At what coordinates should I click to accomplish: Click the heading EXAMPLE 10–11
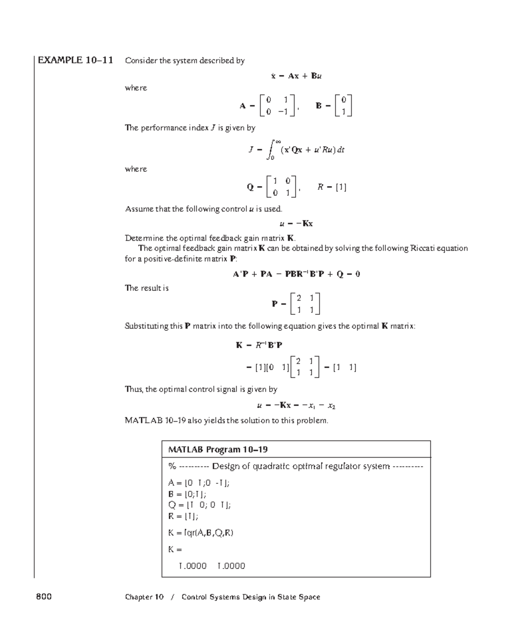75,60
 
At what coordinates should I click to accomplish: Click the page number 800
44,597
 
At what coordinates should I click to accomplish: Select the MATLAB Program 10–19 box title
218,450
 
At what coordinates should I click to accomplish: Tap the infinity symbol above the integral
278,141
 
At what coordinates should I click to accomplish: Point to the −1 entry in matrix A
283,112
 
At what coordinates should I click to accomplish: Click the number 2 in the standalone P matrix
299,298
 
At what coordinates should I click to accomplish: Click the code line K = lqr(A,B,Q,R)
201,533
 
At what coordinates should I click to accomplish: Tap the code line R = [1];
183,516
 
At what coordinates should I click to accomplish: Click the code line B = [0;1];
187,494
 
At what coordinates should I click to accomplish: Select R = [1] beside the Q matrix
332,187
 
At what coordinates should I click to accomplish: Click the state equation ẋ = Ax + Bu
296,76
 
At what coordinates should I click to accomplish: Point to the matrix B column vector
344,106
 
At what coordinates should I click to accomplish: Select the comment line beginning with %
296,466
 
